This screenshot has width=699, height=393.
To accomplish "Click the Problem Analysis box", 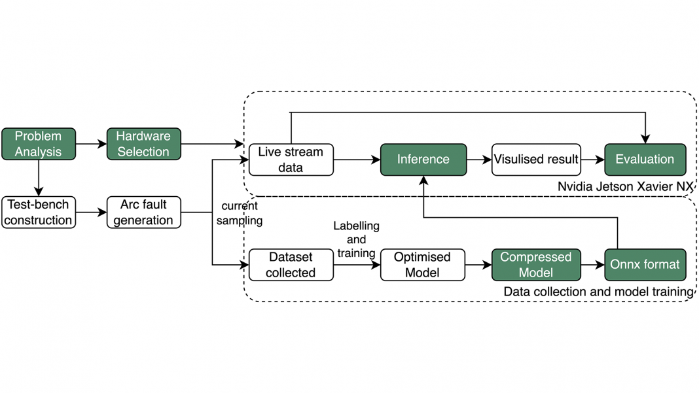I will point(39,144).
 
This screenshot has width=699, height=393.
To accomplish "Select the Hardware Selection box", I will point(143,144).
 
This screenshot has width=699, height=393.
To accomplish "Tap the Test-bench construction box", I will point(39,212).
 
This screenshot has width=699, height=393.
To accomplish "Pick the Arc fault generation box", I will point(143,212).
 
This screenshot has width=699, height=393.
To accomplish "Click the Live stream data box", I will point(291,160).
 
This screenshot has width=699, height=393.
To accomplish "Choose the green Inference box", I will point(423,160).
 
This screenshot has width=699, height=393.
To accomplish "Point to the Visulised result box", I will point(536,160).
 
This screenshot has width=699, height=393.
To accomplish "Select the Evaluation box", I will point(645,160).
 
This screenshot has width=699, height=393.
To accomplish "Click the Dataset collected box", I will point(291,265).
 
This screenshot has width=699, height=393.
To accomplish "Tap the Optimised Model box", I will point(422,265).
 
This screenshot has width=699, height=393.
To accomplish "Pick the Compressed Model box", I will point(535,265).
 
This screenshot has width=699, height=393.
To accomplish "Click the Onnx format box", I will point(645,265).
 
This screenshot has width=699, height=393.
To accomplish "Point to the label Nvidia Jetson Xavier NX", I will point(625,186).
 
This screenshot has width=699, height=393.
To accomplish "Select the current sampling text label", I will point(240,214).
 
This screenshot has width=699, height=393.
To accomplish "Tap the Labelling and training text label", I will point(356,239).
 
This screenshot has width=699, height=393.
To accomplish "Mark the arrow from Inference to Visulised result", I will point(479,160).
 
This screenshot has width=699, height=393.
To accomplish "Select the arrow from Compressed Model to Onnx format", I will point(591,265).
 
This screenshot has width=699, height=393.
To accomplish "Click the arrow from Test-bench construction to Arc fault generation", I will point(91,212).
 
